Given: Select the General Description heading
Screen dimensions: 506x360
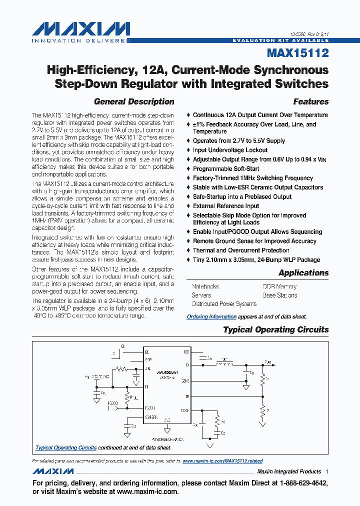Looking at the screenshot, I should (134, 101).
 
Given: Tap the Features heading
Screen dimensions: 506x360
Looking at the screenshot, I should (310, 101).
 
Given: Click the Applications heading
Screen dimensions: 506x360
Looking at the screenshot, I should (303, 272).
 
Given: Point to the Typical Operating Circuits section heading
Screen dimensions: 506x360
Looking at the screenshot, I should (275, 329).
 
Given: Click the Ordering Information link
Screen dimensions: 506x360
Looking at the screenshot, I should (211, 316).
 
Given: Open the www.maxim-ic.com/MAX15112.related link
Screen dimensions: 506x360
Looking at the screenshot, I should (222, 461).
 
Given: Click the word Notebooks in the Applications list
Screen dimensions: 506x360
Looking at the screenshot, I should (205, 286).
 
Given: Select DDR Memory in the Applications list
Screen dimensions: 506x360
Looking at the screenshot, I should (279, 286).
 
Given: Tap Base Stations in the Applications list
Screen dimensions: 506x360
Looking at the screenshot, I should (279, 295).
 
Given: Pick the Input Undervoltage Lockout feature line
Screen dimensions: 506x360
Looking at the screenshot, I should (230, 150).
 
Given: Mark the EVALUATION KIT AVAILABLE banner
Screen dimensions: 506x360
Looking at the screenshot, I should (280, 40).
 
